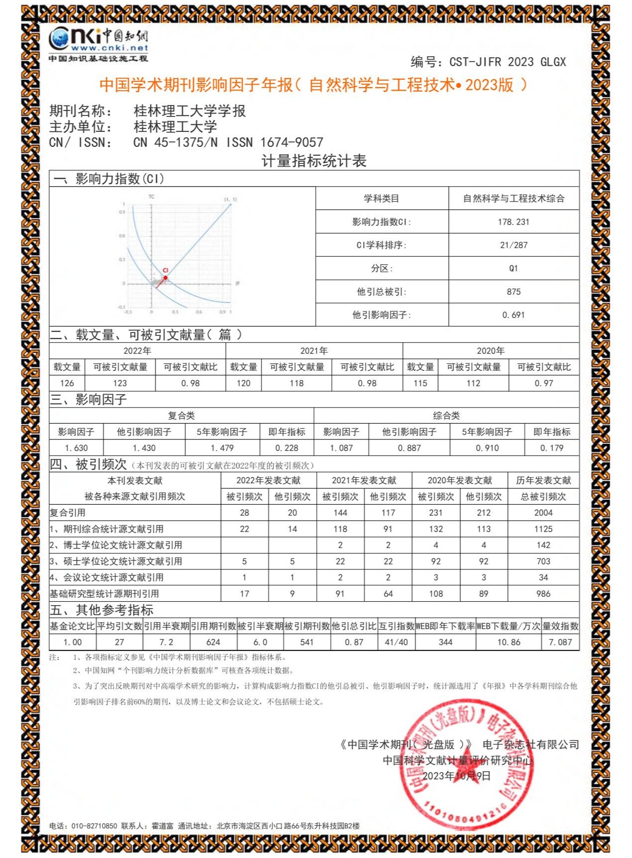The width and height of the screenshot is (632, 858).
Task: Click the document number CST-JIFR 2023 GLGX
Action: pos(507,62)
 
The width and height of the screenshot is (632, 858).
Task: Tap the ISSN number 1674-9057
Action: pos(292,142)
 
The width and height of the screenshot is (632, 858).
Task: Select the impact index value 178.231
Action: pos(513,222)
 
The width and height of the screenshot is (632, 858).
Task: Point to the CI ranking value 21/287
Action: pos(513,245)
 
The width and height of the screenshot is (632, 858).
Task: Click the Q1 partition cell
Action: pos(513,268)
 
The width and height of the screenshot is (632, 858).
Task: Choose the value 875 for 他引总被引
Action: pos(513,292)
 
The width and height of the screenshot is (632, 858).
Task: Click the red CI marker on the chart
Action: pos(165,277)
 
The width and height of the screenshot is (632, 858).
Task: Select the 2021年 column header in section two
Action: pos(314,351)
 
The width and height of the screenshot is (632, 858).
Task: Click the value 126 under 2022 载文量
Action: pos(67,383)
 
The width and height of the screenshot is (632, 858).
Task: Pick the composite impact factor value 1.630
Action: pos(76,448)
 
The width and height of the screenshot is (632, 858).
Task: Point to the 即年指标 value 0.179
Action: pos(552,448)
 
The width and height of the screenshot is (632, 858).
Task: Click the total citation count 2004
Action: pos(543,513)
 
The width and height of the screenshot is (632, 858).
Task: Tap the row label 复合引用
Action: pos(68,513)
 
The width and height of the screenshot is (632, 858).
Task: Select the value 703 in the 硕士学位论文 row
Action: pos(543,561)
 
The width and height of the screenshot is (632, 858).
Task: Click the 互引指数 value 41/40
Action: pos(396,642)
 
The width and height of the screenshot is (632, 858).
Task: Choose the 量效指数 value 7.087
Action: pos(560,642)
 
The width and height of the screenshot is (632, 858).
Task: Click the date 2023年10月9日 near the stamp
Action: pos(456,776)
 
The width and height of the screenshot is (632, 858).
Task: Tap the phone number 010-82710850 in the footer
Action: pos(94,826)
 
